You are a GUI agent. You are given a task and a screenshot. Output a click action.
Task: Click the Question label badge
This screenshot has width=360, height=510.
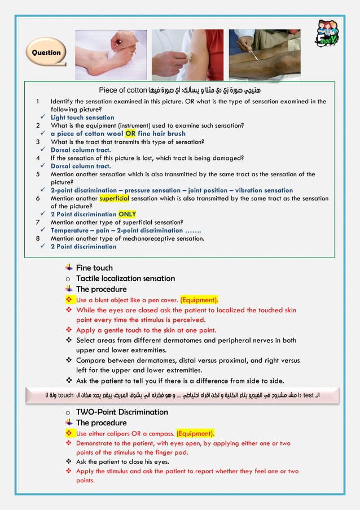(x=46, y=53)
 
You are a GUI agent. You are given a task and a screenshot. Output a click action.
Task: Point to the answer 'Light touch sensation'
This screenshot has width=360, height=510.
(x=82, y=117)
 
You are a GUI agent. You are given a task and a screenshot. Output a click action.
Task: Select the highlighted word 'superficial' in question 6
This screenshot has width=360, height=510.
(x=115, y=198)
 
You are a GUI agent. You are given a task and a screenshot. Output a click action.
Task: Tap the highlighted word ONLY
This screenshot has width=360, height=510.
(x=127, y=215)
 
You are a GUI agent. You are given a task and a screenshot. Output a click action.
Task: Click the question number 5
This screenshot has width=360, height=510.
(x=37, y=175)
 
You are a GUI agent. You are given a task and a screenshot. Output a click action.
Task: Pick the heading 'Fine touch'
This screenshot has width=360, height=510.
(x=94, y=268)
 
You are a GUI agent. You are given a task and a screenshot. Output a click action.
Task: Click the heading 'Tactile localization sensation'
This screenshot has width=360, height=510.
(x=125, y=278)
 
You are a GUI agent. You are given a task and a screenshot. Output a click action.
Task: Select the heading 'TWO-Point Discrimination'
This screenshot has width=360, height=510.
(x=122, y=412)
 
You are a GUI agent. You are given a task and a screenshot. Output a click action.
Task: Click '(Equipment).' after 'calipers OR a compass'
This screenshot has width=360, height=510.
(x=195, y=433)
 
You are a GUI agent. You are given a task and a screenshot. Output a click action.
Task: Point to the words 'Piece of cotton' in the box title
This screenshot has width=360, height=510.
(x=122, y=90)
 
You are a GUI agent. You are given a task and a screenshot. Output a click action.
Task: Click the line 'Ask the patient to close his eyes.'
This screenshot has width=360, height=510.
(x=122, y=461)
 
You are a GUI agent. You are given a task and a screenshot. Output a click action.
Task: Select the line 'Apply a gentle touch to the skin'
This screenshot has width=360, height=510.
(x=146, y=330)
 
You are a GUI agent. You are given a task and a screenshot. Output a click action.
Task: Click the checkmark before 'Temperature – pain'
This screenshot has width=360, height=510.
(x=43, y=230)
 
